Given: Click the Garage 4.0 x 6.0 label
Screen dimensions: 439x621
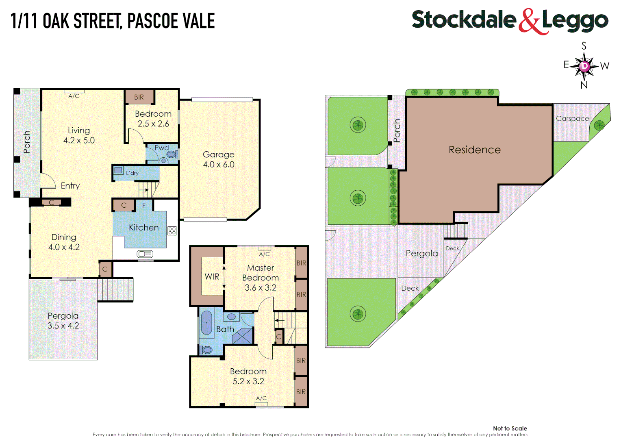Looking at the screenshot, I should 219,159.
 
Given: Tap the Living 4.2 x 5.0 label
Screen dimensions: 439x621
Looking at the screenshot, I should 79,135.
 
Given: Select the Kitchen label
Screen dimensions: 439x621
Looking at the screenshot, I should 143,228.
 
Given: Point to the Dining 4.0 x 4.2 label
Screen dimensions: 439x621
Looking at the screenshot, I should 64,242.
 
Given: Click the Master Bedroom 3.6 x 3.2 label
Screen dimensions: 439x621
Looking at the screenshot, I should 261,278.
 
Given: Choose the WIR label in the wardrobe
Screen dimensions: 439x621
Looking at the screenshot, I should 212,277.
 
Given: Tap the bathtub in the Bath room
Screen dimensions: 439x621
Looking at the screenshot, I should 207,323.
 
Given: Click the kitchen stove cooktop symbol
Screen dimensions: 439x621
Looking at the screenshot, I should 172,231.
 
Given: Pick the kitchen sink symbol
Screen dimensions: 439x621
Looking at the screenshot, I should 145,254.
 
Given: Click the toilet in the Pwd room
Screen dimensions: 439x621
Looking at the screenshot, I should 172,154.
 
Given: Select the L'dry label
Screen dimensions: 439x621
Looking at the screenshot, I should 132,173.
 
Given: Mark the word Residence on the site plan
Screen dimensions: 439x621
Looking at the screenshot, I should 474,150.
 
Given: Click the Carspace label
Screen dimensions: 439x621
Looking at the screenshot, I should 572,119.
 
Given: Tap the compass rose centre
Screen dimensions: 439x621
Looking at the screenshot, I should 584,66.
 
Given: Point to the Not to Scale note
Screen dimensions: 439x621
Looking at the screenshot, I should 510,428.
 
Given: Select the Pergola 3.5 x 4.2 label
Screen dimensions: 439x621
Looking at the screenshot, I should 63,321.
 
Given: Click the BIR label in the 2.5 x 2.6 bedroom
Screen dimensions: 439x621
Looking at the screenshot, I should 139,97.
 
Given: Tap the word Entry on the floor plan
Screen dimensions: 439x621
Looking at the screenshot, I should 70,186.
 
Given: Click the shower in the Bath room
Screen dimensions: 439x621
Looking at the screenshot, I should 242,336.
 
